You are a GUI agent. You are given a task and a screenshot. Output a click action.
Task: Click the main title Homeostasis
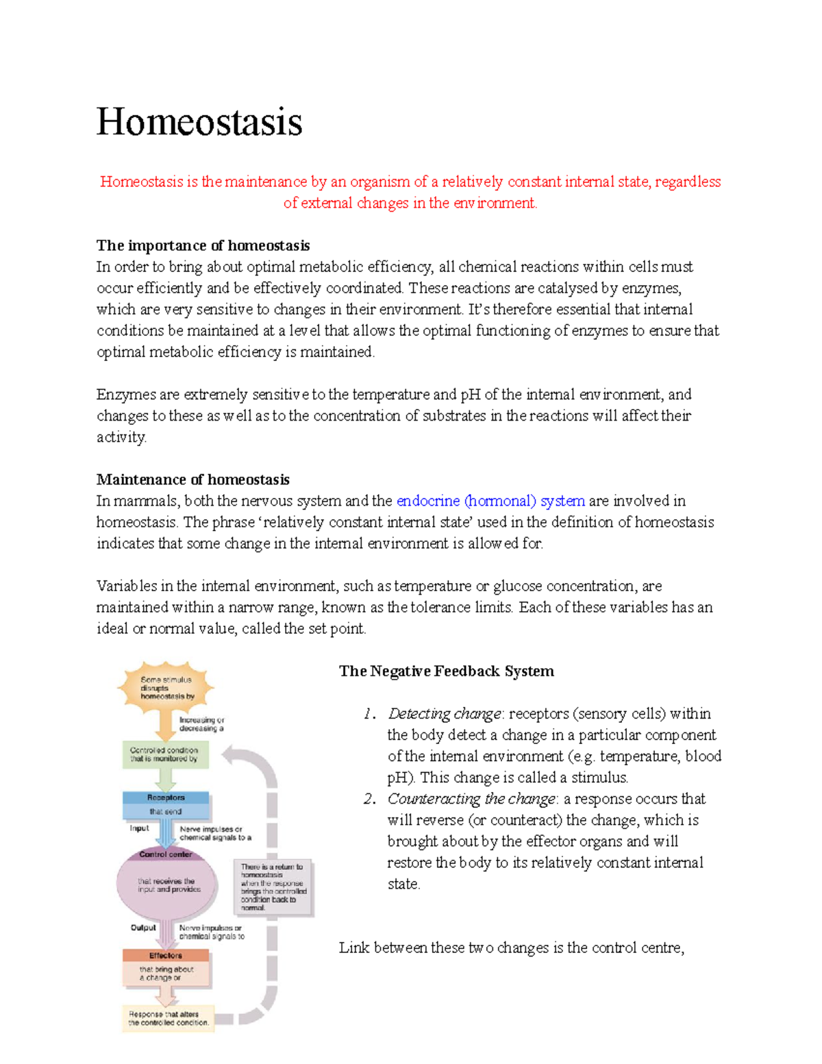pos(199,122)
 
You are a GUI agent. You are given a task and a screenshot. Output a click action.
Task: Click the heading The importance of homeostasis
pos(203,245)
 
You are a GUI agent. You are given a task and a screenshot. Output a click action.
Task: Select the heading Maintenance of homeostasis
pos(192,480)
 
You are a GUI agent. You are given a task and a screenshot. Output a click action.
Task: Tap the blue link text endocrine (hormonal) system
pos(490,501)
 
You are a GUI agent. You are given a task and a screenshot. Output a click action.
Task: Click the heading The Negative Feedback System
pos(446,671)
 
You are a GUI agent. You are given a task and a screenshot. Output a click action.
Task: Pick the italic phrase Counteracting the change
pos(472,799)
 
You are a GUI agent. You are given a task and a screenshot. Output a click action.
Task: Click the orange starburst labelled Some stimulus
pos(166,687)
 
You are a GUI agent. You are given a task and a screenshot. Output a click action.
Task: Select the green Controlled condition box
pos(165,754)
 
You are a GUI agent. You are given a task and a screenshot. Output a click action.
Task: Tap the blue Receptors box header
pos(166,797)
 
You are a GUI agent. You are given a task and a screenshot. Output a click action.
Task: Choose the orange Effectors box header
pos(166,955)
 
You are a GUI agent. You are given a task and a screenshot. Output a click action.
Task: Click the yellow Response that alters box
pos(168,1018)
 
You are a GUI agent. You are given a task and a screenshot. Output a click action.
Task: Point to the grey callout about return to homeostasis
pos(273,887)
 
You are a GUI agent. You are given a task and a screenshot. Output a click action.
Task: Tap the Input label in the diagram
pos(139,828)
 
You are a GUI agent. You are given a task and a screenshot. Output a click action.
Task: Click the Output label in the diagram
pos(143,928)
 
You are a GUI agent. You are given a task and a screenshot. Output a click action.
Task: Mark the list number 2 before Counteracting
pos(370,800)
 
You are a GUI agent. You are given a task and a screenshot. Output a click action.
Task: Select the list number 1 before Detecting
pos(370,715)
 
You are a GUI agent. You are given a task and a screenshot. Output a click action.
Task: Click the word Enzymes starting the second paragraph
pos(127,395)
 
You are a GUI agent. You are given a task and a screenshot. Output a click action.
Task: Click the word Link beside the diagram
pos(354,948)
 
